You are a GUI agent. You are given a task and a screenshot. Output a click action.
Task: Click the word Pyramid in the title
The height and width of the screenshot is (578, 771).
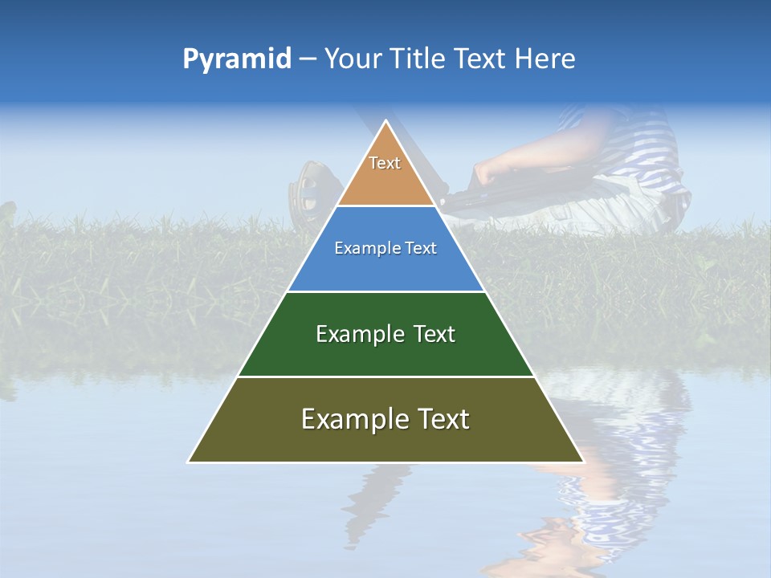(237, 59)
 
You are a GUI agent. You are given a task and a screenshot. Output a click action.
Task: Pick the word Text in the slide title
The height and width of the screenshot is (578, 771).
(482, 59)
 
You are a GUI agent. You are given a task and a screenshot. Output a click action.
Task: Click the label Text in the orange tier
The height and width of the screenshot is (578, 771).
(385, 163)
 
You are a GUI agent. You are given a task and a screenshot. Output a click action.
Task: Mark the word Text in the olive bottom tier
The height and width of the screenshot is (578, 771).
(440, 419)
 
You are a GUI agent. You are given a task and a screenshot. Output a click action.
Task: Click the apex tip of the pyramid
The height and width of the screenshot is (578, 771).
(385, 122)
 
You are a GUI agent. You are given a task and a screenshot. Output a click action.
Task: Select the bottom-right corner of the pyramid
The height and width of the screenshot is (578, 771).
(582, 462)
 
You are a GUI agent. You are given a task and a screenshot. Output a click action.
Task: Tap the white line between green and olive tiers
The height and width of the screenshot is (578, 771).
(385, 377)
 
